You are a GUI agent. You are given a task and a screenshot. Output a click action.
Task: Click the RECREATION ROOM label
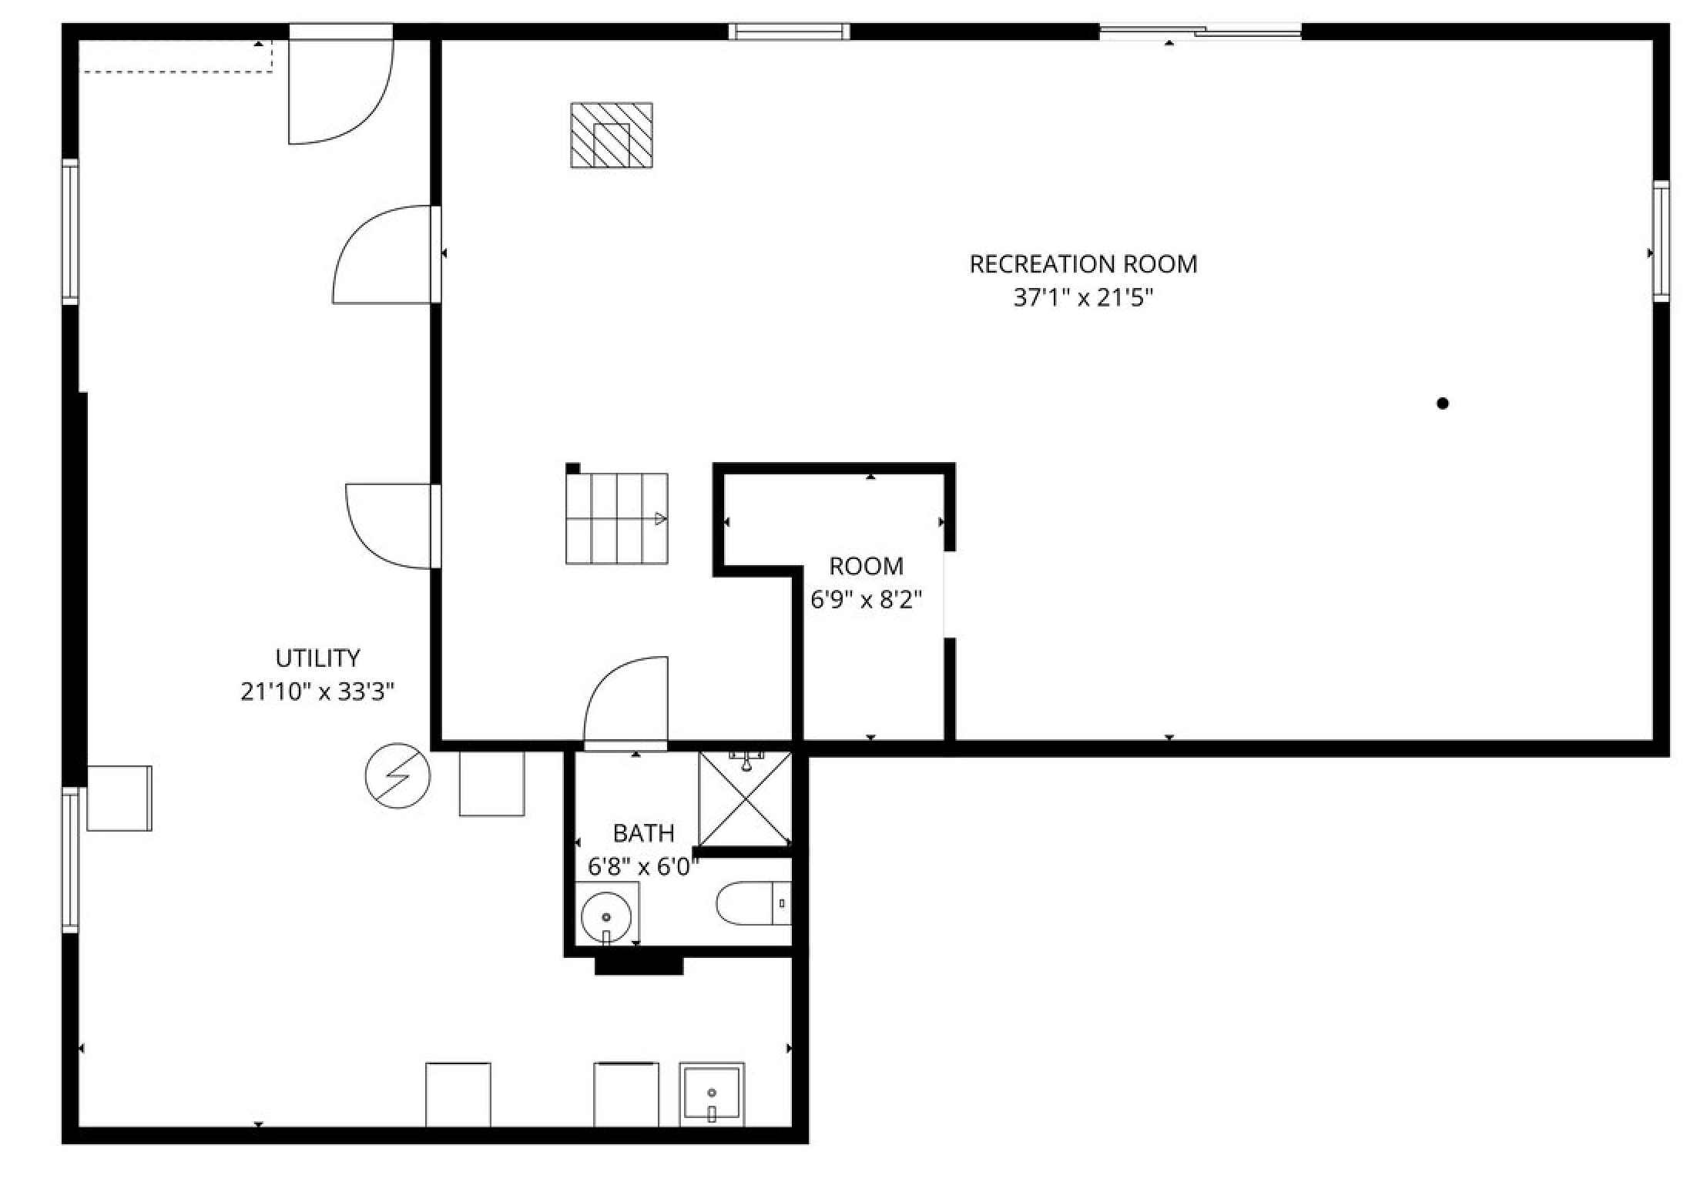pyautogui.click(x=1083, y=264)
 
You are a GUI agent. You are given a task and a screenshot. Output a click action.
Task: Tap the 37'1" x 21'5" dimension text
pyautogui.click(x=1083, y=298)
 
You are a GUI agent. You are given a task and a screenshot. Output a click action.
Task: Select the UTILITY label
pyautogui.click(x=317, y=658)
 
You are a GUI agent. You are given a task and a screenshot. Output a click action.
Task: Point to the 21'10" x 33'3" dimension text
pyautogui.click(x=317, y=692)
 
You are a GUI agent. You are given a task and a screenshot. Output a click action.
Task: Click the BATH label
pyautogui.click(x=643, y=833)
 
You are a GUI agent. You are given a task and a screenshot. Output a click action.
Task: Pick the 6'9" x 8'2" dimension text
pyautogui.click(x=867, y=600)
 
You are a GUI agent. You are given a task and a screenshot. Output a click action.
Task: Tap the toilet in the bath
pyautogui.click(x=753, y=902)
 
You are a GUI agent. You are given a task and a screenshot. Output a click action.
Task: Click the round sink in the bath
pyautogui.click(x=606, y=917)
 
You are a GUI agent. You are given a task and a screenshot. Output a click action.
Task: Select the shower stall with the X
pyautogui.click(x=745, y=799)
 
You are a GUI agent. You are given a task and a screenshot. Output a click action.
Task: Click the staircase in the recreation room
pyautogui.click(x=617, y=518)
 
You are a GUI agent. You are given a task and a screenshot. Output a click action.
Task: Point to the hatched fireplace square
pyautogui.click(x=612, y=135)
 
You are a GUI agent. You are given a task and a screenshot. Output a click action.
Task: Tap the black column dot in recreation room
pyautogui.click(x=1443, y=403)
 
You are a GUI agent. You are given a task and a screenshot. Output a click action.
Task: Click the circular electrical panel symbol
pyautogui.click(x=397, y=775)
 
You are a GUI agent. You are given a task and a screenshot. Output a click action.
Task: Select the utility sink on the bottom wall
pyautogui.click(x=712, y=1094)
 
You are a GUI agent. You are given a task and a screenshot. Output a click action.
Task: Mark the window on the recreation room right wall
pyautogui.click(x=1661, y=241)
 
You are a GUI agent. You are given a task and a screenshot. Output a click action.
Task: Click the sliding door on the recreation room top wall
pyautogui.click(x=1200, y=32)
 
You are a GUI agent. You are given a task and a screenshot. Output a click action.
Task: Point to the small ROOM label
pyautogui.click(x=867, y=566)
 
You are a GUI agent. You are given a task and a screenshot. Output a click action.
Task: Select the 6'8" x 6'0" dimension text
pyautogui.click(x=643, y=867)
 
